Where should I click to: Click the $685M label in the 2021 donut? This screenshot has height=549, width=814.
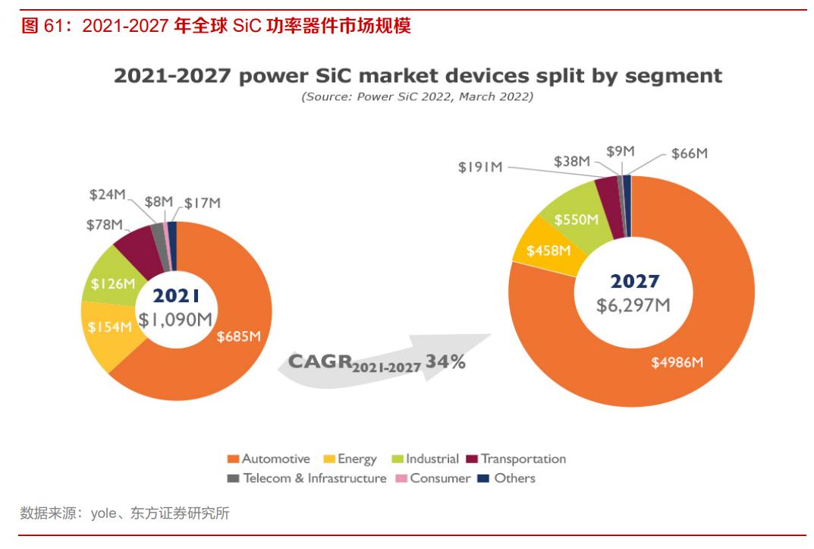coord(239,337)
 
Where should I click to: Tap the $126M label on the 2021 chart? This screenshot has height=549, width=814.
coord(113,284)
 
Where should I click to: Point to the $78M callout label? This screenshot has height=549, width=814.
coord(105,224)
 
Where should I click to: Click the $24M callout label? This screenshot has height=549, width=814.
coord(108,195)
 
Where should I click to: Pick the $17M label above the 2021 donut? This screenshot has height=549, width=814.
coord(203,203)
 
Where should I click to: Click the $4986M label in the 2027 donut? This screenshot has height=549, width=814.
coord(677,362)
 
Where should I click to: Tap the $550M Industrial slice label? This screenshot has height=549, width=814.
coord(576,219)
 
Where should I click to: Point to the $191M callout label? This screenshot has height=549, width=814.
coord(480,167)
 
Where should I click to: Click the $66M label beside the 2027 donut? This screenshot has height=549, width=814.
coord(690,153)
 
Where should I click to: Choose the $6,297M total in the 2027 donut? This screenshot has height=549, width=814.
coord(633,305)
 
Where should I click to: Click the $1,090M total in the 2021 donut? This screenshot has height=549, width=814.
coord(174,320)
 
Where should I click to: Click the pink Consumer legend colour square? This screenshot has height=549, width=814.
coord(402,478)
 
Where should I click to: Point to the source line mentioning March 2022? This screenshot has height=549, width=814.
coord(417,96)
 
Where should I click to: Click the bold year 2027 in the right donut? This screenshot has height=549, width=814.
coord(635,282)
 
